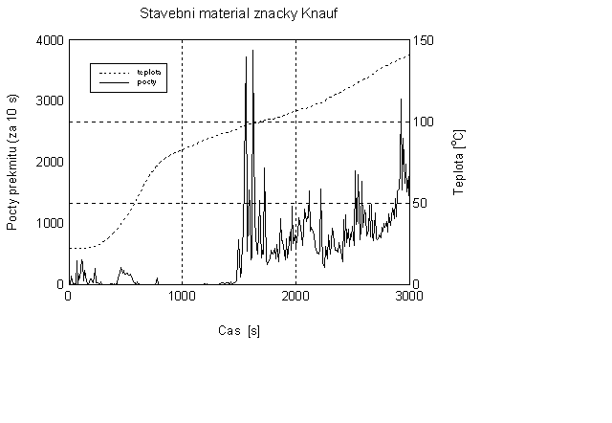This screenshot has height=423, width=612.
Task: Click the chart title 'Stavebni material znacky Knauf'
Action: pos(238,14)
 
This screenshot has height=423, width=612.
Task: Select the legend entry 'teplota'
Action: pos(147,72)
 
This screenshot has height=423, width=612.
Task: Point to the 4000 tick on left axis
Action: pos(50,40)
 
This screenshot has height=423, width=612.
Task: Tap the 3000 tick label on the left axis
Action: pos(50,101)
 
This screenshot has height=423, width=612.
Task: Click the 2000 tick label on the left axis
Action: pos(50,162)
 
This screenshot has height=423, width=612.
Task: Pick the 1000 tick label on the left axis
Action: pos(50,223)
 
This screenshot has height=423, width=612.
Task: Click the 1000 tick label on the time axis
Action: pos(182,297)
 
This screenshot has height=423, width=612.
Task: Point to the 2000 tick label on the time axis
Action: pos(295,297)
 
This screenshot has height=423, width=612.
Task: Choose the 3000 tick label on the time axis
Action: pos(409,297)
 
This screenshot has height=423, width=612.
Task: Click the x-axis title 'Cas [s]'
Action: pos(238,331)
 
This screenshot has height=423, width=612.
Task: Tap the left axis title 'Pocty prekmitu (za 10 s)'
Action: pos(13,163)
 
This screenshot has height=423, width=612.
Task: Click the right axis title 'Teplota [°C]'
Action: pos(458,163)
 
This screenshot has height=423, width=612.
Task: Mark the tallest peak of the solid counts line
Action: pos(252,51)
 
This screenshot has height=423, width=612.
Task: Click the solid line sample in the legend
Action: pos(113,83)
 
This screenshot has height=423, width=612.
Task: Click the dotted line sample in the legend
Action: pos(113,72)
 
